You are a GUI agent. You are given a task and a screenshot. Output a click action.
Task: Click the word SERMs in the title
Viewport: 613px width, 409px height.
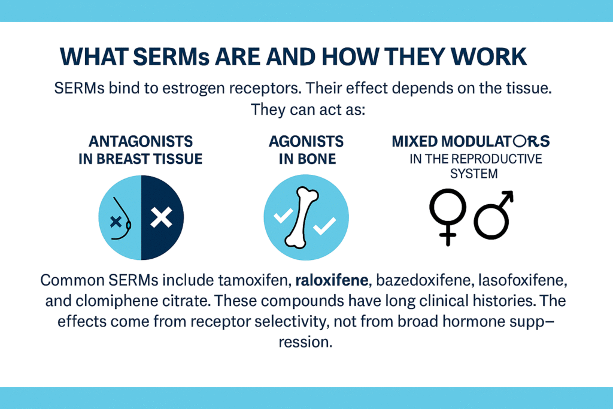(171, 57)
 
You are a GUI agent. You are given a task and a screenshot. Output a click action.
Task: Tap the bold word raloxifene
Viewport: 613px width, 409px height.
(332, 280)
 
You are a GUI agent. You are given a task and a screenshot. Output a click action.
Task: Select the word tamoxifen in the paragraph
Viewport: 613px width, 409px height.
(254, 280)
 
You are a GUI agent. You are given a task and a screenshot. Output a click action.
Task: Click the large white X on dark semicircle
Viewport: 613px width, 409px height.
(162, 217)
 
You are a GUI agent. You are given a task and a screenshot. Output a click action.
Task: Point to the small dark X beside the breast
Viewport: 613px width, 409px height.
(116, 222)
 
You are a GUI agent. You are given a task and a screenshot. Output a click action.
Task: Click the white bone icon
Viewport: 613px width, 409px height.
(302, 217)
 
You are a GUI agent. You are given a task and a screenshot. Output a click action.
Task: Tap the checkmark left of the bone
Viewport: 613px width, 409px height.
(283, 216)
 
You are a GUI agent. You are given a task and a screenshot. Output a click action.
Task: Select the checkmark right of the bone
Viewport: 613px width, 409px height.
(324, 226)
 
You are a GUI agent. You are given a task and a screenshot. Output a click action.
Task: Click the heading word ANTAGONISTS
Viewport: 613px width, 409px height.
(141, 141)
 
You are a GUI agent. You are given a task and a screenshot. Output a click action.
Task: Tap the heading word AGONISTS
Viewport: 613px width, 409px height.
(306, 141)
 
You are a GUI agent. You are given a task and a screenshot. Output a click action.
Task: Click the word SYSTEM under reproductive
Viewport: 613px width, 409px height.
(474, 174)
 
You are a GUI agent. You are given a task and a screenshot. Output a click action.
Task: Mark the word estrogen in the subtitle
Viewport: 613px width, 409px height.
(193, 89)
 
